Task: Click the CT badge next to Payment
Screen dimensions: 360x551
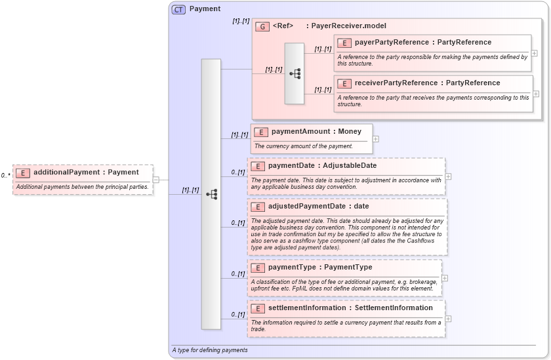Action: pos(178,9)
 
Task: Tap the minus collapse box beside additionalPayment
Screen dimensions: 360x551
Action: pos(156,179)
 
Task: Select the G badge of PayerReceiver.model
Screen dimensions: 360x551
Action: pos(262,26)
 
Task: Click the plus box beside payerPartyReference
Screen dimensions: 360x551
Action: pos(535,53)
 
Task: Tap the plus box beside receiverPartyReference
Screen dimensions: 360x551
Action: pos(537,94)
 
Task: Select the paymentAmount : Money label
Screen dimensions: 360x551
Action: pos(316,132)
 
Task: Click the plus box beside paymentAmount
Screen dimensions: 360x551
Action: pos(376,138)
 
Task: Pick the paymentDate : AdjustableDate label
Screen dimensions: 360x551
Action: pos(322,166)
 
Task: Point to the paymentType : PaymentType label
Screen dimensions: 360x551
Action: pos(320,268)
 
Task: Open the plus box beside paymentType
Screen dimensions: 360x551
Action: pos(445,278)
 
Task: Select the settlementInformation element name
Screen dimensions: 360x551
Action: pos(350,308)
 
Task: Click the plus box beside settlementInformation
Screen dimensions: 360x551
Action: pos(449,319)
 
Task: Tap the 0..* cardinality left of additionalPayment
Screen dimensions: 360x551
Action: pos(5,176)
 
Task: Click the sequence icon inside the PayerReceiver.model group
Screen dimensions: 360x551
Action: pos(295,73)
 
